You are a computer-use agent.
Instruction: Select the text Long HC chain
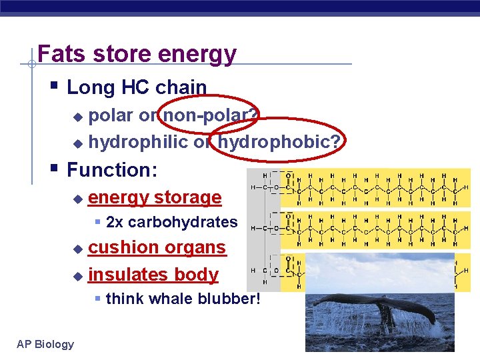click(137, 87)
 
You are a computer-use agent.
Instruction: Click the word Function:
click(112, 170)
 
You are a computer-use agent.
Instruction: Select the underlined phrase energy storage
click(155, 197)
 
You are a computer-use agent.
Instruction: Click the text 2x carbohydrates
click(171, 222)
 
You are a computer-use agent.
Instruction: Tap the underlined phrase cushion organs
click(157, 247)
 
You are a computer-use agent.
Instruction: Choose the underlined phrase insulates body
click(153, 274)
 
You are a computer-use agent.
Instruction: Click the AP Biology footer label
click(45, 344)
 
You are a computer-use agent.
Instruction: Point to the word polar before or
click(111, 116)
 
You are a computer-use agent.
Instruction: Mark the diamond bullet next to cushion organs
click(77, 249)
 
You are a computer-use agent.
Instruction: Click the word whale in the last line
click(169, 299)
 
